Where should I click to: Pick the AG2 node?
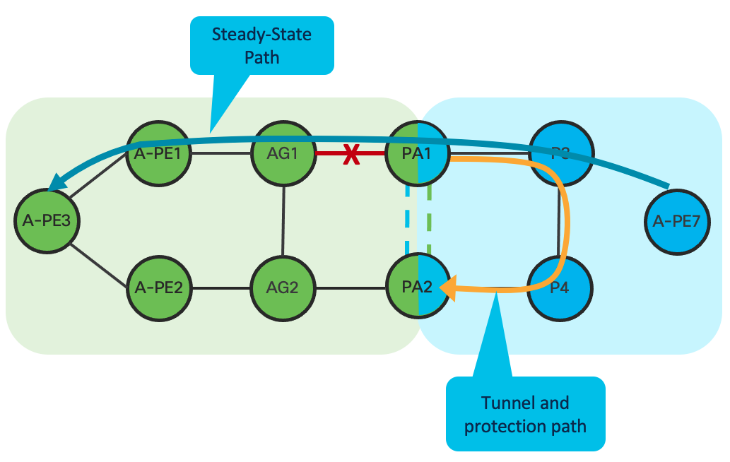[283, 288]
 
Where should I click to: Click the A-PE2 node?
[158, 288]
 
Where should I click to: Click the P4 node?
[561, 288]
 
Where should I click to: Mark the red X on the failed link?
[351, 155]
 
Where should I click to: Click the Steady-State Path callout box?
[261, 45]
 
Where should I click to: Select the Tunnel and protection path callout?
[525, 414]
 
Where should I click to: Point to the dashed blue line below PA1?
[408, 219]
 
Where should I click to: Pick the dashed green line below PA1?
[429, 219]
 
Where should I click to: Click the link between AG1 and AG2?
[283, 220]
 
